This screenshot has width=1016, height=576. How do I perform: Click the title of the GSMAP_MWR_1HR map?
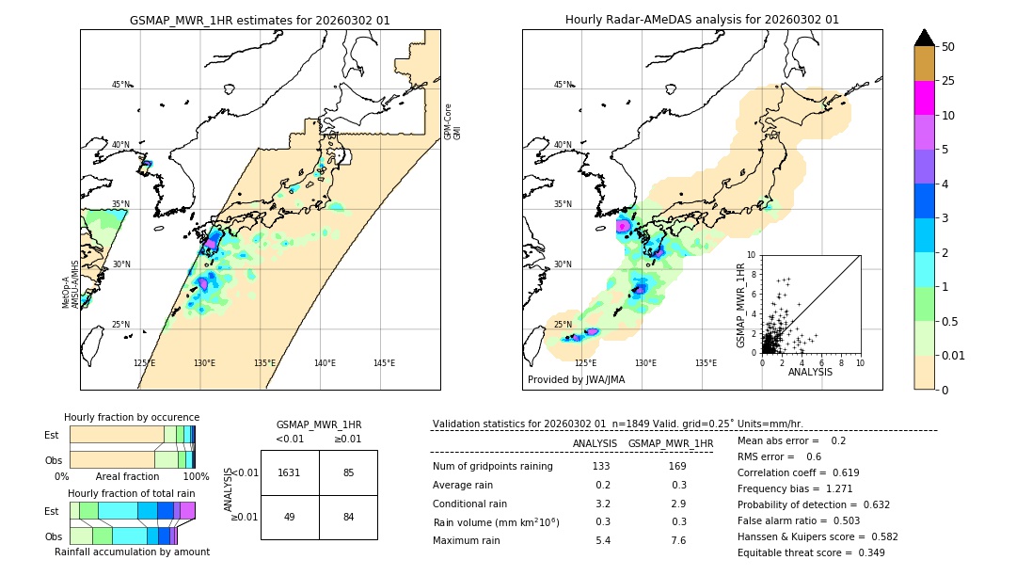pyautogui.click(x=260, y=20)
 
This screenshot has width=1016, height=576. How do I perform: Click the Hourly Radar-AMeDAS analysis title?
pyautogui.click(x=702, y=20)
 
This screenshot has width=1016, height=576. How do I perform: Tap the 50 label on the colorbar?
pyautogui.click(x=948, y=47)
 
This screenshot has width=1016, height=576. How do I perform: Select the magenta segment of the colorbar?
pyautogui.click(x=924, y=98)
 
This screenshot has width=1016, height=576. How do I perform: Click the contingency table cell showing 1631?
pyautogui.click(x=290, y=472)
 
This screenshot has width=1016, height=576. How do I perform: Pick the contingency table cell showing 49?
pyautogui.click(x=290, y=516)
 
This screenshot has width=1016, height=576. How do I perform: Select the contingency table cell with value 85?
pyautogui.click(x=348, y=472)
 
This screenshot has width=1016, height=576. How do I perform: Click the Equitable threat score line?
pyautogui.click(x=811, y=552)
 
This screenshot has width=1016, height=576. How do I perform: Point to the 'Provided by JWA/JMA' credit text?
pyautogui.click(x=576, y=380)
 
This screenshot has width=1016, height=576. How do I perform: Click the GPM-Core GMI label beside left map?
pyautogui.click(x=452, y=121)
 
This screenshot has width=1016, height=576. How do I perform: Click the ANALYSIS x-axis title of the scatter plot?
pyautogui.click(x=810, y=372)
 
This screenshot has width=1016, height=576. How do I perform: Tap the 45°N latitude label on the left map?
pyautogui.click(x=120, y=85)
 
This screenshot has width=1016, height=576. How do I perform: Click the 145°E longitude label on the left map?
pyautogui.click(x=384, y=363)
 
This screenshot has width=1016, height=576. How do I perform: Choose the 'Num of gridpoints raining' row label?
pyautogui.click(x=492, y=467)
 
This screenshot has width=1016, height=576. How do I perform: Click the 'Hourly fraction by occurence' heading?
pyautogui.click(x=132, y=417)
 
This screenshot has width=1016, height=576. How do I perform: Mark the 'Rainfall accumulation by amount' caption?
pyautogui.click(x=132, y=552)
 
